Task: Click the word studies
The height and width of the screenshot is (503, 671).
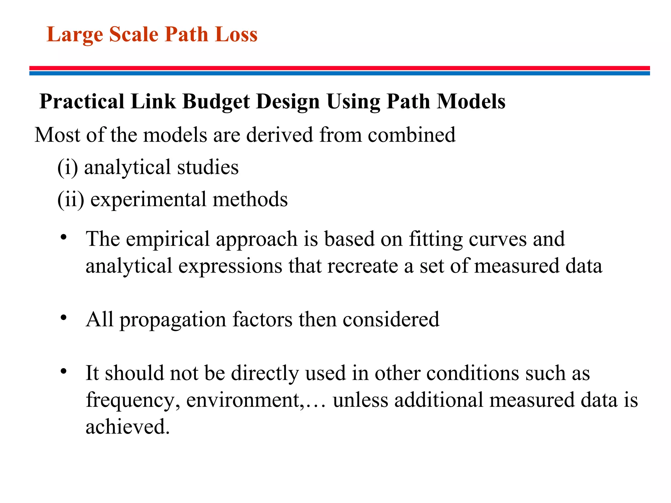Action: [208, 167]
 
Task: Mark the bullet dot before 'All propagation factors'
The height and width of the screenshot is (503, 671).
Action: [64, 317]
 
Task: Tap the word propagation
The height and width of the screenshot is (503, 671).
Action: [173, 320]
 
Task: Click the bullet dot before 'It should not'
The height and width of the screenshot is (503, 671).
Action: [64, 371]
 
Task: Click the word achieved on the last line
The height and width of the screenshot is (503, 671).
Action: [128, 427]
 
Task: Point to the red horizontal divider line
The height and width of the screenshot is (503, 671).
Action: [339, 68]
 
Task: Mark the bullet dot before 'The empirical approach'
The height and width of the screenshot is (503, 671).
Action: [64, 237]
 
